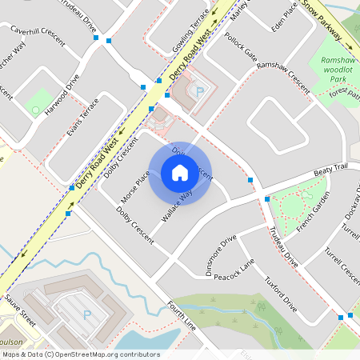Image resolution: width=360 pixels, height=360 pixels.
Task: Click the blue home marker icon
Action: click(x=180, y=173)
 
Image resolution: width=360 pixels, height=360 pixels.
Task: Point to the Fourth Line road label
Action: click(x=182, y=315)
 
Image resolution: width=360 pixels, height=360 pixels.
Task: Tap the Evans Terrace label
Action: click(x=83, y=118)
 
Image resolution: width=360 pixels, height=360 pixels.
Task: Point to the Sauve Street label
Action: click(x=19, y=310)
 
